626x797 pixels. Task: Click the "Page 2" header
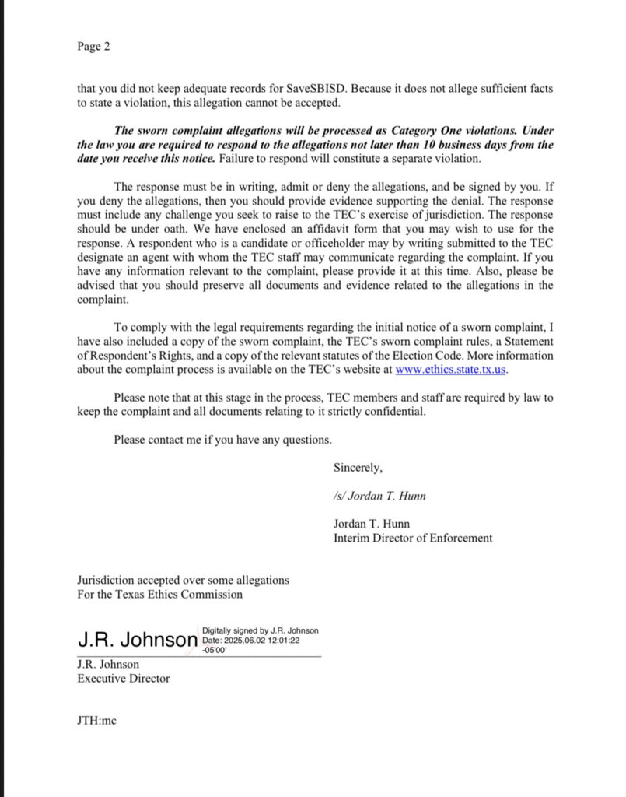(93, 47)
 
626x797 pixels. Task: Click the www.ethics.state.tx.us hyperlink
(451, 369)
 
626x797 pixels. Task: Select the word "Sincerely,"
(358, 468)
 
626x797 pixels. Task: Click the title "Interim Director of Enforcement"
(413, 538)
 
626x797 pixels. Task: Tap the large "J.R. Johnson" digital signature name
(138, 640)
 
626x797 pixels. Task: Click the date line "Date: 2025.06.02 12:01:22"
(250, 641)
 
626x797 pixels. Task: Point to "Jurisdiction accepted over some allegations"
(183, 580)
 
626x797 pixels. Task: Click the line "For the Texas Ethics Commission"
(159, 594)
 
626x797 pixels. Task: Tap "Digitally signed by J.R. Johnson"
(261, 630)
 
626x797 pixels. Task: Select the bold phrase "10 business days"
(467, 145)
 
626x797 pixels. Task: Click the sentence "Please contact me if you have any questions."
(222, 440)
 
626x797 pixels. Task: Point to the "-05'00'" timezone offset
(215, 650)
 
